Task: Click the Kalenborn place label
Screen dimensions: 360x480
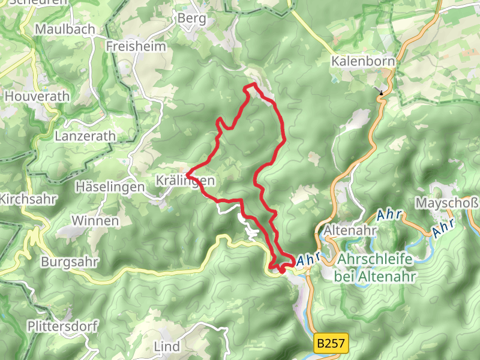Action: point(364,61)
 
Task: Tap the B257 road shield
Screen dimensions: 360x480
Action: point(331,344)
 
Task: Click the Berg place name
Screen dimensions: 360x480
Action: point(191,19)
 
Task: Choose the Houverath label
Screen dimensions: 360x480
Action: point(37,96)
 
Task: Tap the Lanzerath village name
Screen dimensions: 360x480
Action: point(85,136)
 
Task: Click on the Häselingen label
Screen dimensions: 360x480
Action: point(110,187)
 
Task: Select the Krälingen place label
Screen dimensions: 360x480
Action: point(185,180)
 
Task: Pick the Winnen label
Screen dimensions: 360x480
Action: point(95,221)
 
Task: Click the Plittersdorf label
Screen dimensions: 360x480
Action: point(62,326)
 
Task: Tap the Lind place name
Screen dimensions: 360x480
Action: point(167,347)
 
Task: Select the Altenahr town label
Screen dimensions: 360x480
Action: point(350,230)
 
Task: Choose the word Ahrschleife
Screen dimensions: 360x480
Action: point(376,260)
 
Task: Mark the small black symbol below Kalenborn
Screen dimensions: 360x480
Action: point(381,92)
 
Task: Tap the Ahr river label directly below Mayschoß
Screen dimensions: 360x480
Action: point(443,227)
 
